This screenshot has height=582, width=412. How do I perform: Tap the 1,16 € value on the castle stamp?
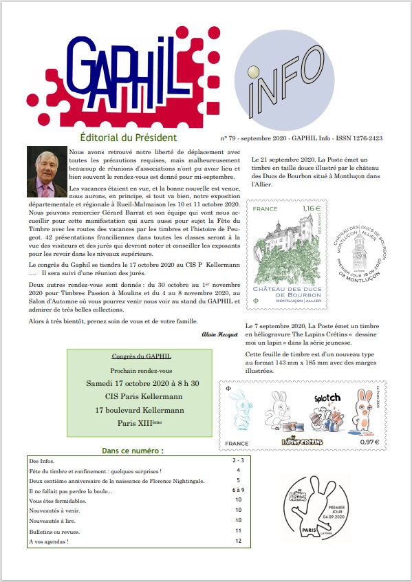pyautogui.click(x=313, y=207)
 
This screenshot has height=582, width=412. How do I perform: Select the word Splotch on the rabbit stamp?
pyautogui.click(x=328, y=398)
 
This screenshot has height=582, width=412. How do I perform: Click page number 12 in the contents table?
pyautogui.click(x=238, y=541)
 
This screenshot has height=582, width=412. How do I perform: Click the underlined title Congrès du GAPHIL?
pyautogui.click(x=141, y=356)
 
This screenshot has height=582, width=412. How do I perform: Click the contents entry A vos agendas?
pyautogui.click(x=49, y=541)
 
